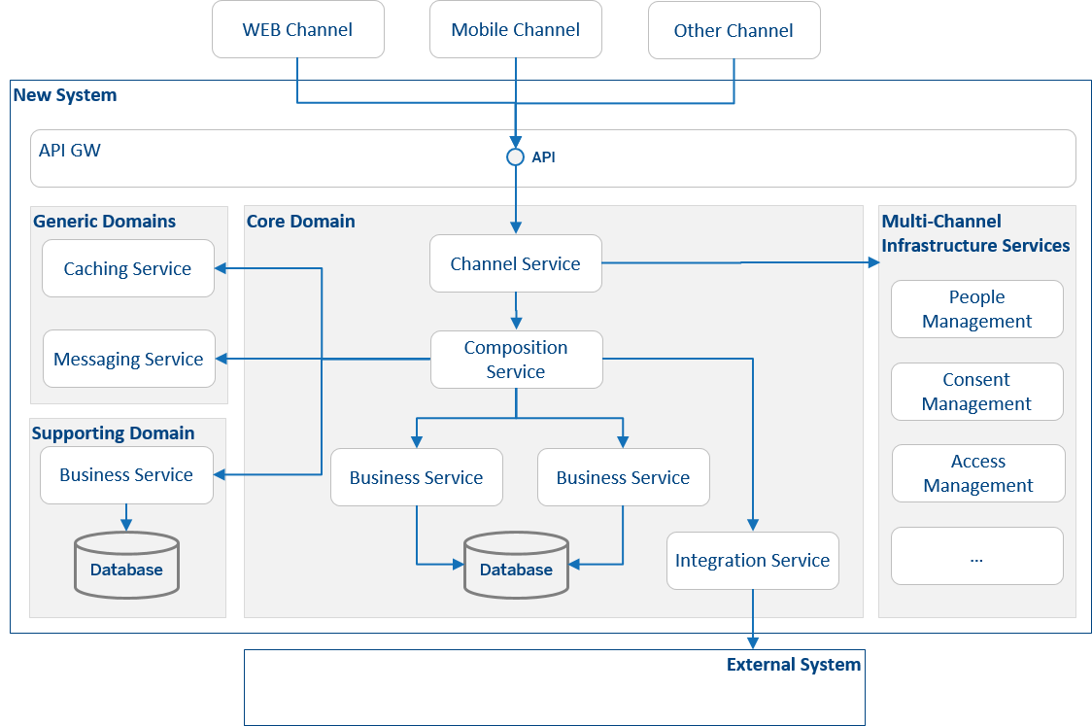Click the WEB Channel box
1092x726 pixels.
coord(297,30)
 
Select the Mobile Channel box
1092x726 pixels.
coord(515,30)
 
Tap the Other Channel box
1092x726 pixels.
coord(734,30)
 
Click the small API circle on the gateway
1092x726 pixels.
coord(516,156)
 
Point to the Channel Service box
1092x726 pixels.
coord(515,263)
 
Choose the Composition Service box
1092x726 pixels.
coord(515,360)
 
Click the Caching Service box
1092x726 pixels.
coord(127,269)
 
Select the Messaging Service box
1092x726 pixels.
coord(128,360)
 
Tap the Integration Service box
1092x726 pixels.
coord(752,561)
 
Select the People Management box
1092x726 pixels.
coord(976,309)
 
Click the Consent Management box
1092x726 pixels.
coord(976,392)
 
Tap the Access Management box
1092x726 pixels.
coord(977,473)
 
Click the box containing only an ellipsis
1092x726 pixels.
coord(976,557)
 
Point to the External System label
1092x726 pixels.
coord(794,665)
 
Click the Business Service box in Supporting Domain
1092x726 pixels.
coord(126,475)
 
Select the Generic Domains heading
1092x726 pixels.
coord(105,222)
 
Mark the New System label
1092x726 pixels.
coord(64,95)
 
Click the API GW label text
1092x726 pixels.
coord(69,151)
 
